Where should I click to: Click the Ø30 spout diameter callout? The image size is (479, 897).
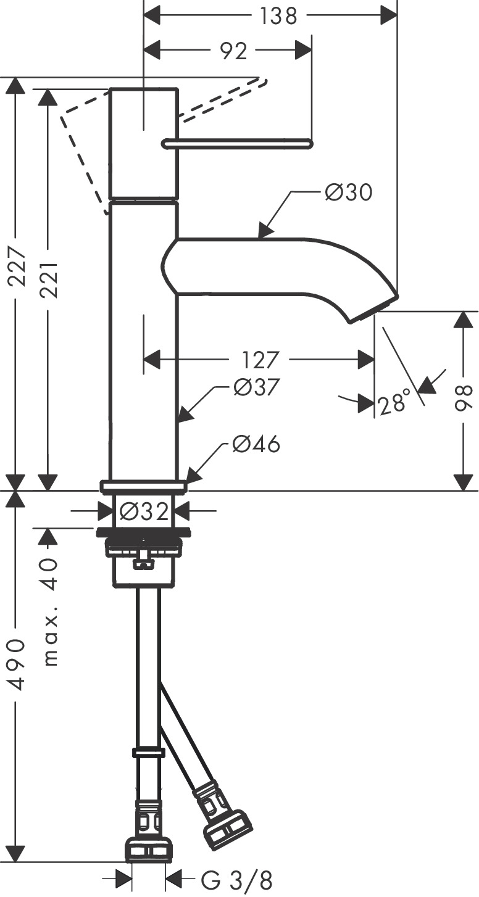pos(348,193)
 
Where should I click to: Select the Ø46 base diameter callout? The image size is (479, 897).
pos(256,444)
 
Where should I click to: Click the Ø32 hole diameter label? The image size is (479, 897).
pos(143,511)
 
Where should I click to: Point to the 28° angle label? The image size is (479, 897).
pos(394,404)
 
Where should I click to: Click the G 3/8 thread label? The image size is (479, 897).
pos(236,881)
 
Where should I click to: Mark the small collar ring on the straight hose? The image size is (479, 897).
pos(148,753)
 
